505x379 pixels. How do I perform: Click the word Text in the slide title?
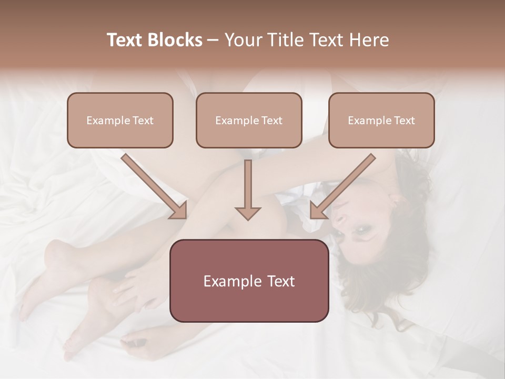point(125,40)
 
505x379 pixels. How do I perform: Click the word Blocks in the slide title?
point(175,40)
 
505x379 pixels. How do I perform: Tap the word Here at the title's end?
point(371,40)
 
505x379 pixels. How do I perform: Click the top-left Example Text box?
point(120,120)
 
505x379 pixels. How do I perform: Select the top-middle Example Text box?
point(249,120)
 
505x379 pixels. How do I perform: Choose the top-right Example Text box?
point(381,120)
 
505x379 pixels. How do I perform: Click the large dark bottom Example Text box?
point(249,281)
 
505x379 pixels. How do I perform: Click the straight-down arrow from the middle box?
point(248,189)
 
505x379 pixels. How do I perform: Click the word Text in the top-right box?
point(404,121)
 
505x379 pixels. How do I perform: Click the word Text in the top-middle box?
point(271,121)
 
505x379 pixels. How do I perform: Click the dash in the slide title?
point(214,40)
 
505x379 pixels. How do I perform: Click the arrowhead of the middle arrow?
point(248,212)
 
